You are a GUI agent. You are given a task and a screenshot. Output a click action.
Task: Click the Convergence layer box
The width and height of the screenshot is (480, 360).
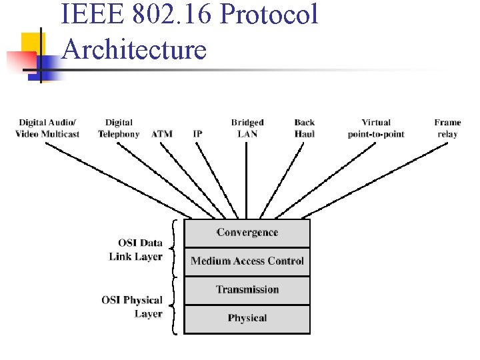coord(247,233)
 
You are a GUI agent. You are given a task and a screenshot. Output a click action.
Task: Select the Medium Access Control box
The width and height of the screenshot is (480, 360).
coord(247,261)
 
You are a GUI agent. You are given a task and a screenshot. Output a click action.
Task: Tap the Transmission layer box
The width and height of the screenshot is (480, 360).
coord(247,289)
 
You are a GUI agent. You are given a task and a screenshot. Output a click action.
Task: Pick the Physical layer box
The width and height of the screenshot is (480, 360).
coord(247,318)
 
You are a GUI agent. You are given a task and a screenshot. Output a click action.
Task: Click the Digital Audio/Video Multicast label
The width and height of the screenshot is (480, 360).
coord(47,128)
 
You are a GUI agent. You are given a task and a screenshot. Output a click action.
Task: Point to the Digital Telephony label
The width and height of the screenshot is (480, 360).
coord(119,128)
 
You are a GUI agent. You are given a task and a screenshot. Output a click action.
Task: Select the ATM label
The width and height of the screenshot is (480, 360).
coord(162,134)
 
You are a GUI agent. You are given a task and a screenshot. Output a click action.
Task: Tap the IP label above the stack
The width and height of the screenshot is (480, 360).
coord(197,134)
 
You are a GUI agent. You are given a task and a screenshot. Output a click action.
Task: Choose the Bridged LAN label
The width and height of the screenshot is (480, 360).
coord(247,128)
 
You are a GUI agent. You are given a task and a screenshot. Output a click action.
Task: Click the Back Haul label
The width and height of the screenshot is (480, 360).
coord(305,128)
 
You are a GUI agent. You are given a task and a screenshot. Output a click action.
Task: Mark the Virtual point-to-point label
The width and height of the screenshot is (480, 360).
coord(376,128)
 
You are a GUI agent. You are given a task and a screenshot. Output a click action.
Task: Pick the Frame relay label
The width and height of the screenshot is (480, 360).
coord(447,128)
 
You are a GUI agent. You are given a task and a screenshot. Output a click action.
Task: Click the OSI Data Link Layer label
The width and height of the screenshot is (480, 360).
coord(136,249)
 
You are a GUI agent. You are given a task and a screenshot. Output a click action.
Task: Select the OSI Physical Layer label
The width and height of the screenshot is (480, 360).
coord(132,307)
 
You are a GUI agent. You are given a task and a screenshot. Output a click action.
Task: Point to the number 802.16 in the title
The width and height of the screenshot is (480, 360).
coord(167,15)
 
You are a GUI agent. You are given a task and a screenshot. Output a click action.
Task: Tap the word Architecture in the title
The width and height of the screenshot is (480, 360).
coord(133,49)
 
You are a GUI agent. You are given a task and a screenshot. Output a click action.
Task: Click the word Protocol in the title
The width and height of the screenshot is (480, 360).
coord(270,15)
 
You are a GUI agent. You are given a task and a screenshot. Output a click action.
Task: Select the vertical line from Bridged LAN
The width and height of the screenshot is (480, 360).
coord(247,180)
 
